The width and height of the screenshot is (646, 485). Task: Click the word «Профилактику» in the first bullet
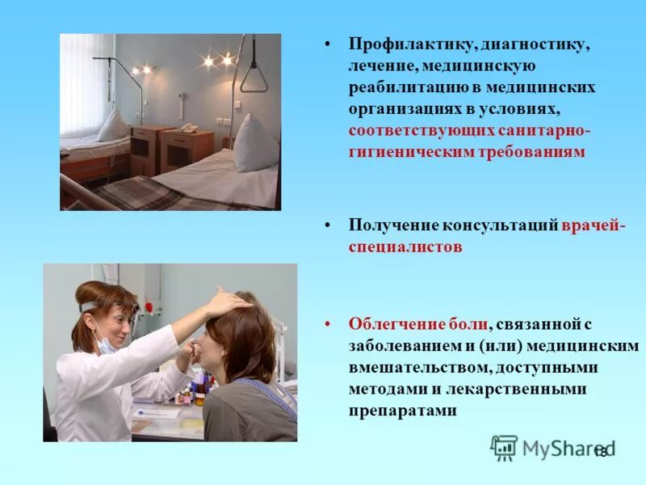(x=405, y=45)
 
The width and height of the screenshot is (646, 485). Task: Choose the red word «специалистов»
(x=405, y=247)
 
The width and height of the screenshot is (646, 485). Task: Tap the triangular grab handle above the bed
(x=253, y=78)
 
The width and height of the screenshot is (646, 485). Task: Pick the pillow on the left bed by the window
(x=113, y=124)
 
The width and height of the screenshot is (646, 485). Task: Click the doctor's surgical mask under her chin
(x=107, y=344)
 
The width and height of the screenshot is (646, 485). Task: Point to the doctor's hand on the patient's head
(x=227, y=304)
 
